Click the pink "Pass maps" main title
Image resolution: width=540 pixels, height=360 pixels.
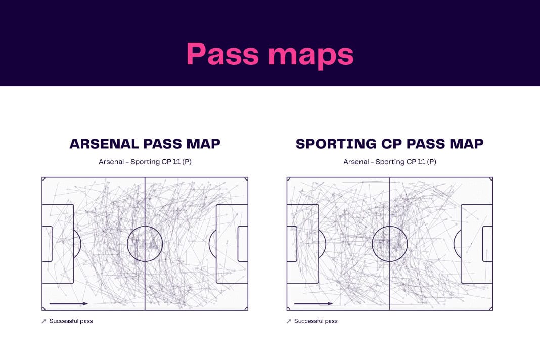270,55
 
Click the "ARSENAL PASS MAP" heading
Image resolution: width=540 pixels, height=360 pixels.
145,144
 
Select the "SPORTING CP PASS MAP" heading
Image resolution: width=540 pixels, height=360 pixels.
389,144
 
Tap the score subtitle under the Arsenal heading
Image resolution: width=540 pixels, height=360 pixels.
145,162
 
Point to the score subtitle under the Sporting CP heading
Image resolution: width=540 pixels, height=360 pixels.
390,162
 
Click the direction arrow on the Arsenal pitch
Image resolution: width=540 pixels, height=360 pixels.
69,303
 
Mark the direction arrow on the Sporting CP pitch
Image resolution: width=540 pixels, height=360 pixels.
314,303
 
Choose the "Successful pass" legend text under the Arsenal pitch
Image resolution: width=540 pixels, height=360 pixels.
71,321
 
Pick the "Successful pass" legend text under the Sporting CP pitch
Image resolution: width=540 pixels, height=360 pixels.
316,321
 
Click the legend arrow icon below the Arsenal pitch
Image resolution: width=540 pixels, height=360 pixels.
44,321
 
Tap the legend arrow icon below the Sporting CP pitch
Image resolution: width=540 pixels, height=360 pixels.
289,321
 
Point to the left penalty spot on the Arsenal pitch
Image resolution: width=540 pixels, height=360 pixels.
63,244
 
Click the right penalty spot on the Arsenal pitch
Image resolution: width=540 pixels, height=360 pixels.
227,244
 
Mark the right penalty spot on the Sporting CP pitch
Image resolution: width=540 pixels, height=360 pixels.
471,244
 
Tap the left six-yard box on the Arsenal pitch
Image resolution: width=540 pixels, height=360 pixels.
52,244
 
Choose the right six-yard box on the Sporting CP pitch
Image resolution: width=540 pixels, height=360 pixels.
483,244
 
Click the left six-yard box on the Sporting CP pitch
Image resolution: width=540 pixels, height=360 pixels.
297,244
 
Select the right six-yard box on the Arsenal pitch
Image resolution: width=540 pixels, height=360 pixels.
238,244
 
